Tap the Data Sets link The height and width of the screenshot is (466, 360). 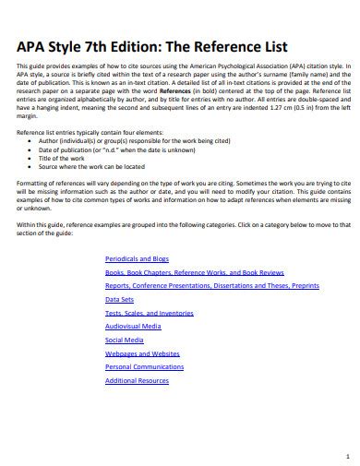(119, 300)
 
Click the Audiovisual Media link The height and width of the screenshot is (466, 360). (133, 327)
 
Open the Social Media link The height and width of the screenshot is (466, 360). (126, 341)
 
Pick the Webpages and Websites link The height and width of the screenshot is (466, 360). (142, 353)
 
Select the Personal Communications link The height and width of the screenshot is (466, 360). (146, 367)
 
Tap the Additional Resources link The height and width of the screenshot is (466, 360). (137, 380)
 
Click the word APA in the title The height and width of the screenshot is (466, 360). (34, 46)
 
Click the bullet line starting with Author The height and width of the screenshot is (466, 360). (129, 141)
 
